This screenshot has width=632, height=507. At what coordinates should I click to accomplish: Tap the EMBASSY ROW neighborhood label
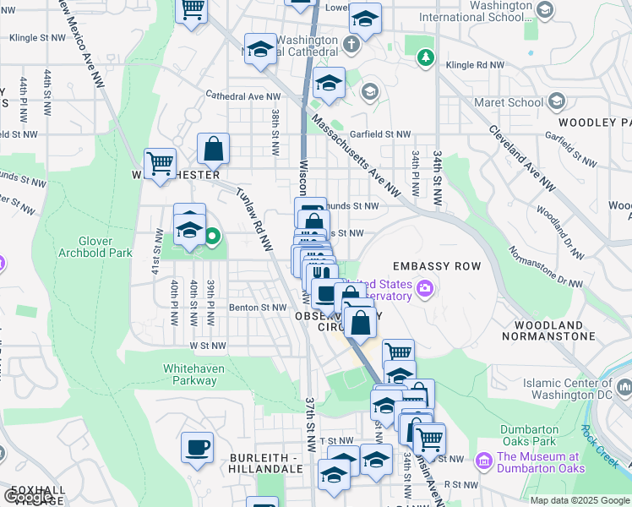(x=436, y=266)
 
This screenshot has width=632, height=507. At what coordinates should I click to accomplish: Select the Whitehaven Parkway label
(x=190, y=374)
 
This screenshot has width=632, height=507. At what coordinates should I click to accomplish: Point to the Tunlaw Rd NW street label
(x=253, y=218)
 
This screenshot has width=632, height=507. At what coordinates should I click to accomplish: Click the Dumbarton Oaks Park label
(x=528, y=434)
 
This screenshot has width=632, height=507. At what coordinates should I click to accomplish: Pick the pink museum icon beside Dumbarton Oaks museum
(x=483, y=461)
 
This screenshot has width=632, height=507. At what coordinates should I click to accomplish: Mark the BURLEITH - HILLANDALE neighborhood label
(x=265, y=462)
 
